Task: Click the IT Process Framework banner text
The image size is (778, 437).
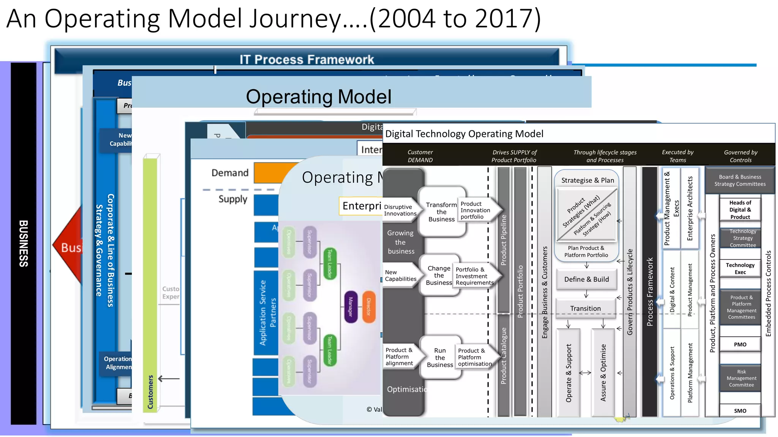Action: tap(307, 60)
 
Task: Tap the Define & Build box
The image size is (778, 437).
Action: tap(586, 280)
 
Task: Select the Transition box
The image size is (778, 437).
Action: tap(585, 308)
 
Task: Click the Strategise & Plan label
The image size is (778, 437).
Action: tap(587, 180)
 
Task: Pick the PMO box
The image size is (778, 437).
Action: tap(740, 344)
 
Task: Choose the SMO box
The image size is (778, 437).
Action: tap(740, 410)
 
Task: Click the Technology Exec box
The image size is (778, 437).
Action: tap(740, 268)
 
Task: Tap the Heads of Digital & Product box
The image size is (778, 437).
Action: tap(740, 210)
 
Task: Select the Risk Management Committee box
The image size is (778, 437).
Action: tap(741, 378)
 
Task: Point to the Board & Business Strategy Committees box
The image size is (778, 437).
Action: tap(740, 180)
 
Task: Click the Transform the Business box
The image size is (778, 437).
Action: tap(441, 212)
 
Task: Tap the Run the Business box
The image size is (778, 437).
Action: tap(440, 357)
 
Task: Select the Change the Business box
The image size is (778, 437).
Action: tap(439, 275)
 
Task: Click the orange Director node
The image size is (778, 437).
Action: tap(368, 307)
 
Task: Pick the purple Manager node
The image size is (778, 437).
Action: tap(351, 307)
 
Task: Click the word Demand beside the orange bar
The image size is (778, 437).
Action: tap(230, 173)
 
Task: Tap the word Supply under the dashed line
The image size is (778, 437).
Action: tap(232, 199)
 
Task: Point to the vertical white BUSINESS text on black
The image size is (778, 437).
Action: tap(24, 243)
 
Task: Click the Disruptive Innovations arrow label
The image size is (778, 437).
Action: tap(400, 210)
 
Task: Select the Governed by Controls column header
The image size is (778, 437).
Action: tap(740, 156)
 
